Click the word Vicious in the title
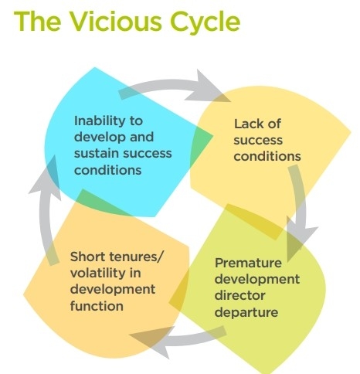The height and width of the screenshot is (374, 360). point(116,22)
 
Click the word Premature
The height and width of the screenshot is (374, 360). point(248,263)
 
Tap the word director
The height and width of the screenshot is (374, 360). point(239,295)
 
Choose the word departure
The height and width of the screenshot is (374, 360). point(246,313)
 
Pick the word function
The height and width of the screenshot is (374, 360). point(97,306)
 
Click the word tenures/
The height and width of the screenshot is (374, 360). point(136,257)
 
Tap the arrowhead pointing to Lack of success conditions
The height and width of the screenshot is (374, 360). point(207,87)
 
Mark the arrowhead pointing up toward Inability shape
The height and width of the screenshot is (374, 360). point(46,178)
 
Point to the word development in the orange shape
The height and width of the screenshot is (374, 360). point(113,290)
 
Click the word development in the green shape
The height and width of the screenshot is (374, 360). point(257,280)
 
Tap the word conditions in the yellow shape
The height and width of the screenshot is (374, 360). point(267,156)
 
